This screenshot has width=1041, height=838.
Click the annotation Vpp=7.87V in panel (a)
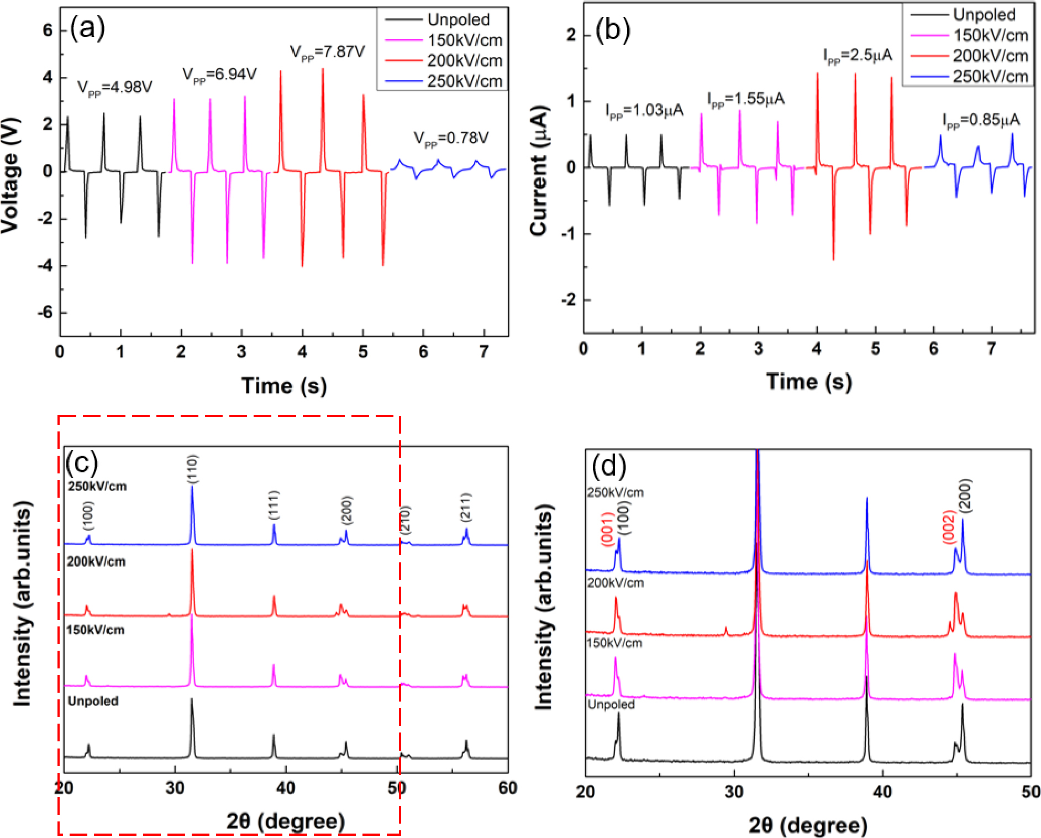327,52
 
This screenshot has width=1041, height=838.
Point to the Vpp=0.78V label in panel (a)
451,138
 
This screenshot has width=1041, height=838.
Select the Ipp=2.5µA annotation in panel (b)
858,56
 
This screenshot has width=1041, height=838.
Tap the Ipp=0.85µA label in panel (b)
981,120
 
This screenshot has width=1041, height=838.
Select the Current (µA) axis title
539,170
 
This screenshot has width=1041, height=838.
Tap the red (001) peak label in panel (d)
607,529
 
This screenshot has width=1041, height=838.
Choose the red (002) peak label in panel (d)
949,527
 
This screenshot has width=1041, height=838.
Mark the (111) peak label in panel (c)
274,505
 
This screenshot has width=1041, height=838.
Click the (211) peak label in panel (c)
466,508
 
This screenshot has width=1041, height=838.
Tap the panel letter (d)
609,466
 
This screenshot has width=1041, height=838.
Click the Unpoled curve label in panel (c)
93,701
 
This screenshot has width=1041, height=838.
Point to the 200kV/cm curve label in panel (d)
616,583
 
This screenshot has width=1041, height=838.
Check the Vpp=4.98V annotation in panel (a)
114,88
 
